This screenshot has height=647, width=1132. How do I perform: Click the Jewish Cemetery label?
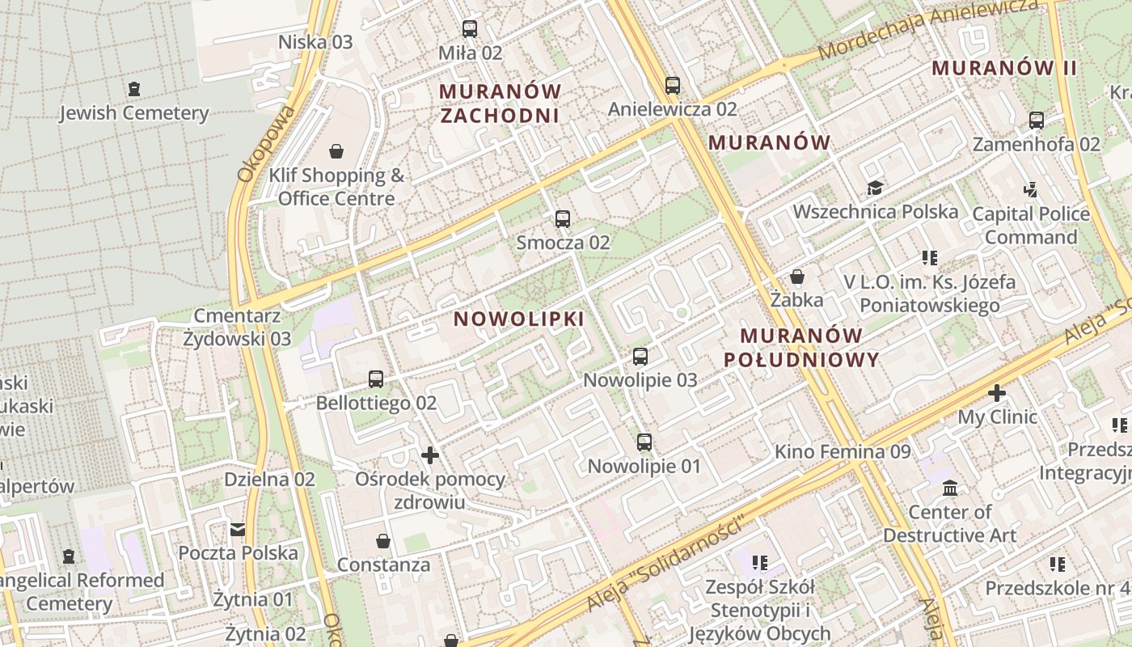[x=134, y=112]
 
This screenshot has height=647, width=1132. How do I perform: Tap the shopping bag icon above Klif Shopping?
[x=336, y=151]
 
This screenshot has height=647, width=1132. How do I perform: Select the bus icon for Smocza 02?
[x=563, y=218]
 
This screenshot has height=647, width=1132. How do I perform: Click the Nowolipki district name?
[x=518, y=319]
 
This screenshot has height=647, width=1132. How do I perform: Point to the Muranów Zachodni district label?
[x=501, y=103]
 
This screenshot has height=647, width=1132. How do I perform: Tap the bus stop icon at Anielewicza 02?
[x=673, y=85]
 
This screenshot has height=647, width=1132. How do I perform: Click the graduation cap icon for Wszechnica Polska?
[x=875, y=188]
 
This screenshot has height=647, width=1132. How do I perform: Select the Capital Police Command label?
[x=1031, y=226]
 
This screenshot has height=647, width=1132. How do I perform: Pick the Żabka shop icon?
[x=797, y=277]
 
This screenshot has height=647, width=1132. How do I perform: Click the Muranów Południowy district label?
[x=801, y=348]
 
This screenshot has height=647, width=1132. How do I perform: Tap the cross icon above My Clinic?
[x=997, y=394]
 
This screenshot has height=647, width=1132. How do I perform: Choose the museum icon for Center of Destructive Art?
[x=950, y=488]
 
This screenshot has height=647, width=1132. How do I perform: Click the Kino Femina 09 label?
[x=843, y=451]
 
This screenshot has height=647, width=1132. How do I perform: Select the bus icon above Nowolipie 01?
[x=644, y=442]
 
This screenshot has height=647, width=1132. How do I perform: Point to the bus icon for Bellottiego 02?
[x=376, y=378]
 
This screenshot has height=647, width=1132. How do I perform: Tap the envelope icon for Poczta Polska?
[x=238, y=530]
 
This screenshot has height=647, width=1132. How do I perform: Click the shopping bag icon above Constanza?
[x=383, y=540]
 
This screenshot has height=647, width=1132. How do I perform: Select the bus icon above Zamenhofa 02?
[x=1037, y=121]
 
